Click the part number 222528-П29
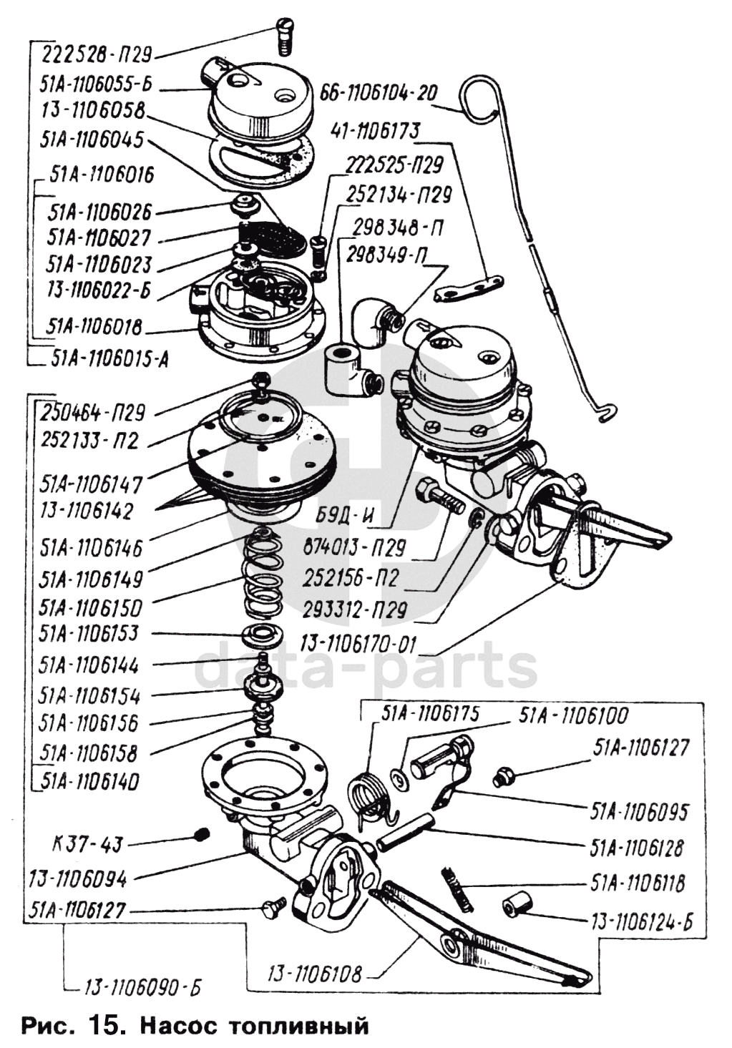(x=97, y=54)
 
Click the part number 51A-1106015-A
(x=110, y=359)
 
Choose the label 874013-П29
(x=355, y=549)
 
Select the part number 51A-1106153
(x=89, y=635)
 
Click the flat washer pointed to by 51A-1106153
(x=263, y=634)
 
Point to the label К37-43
(x=88, y=845)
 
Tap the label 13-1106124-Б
(x=642, y=921)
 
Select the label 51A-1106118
(x=638, y=883)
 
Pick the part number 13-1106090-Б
(x=143, y=988)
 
